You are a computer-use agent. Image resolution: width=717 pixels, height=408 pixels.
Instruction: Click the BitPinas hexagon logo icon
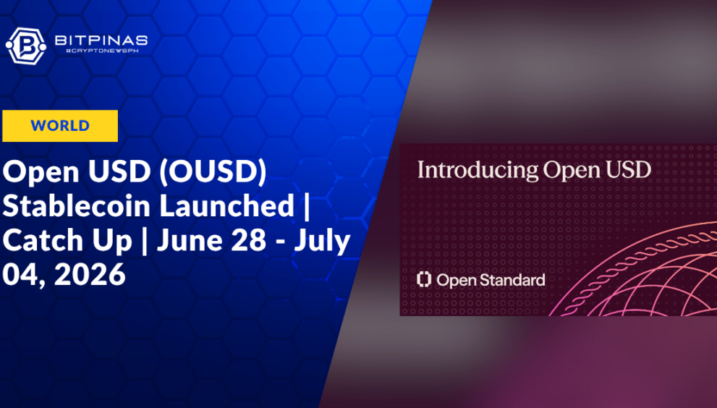click(25, 46)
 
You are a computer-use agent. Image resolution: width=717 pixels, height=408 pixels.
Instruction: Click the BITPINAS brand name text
click(101, 41)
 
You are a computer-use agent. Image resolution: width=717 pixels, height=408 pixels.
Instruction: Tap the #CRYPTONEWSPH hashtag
click(102, 51)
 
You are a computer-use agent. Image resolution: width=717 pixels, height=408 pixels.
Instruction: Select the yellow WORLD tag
click(60, 126)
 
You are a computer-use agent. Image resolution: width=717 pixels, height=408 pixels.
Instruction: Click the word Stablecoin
click(77, 206)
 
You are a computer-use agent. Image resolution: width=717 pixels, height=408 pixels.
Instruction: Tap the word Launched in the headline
click(226, 206)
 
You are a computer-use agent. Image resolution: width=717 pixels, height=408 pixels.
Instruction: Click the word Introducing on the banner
click(478, 171)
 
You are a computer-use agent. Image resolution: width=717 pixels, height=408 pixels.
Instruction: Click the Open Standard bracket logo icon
click(424, 279)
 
